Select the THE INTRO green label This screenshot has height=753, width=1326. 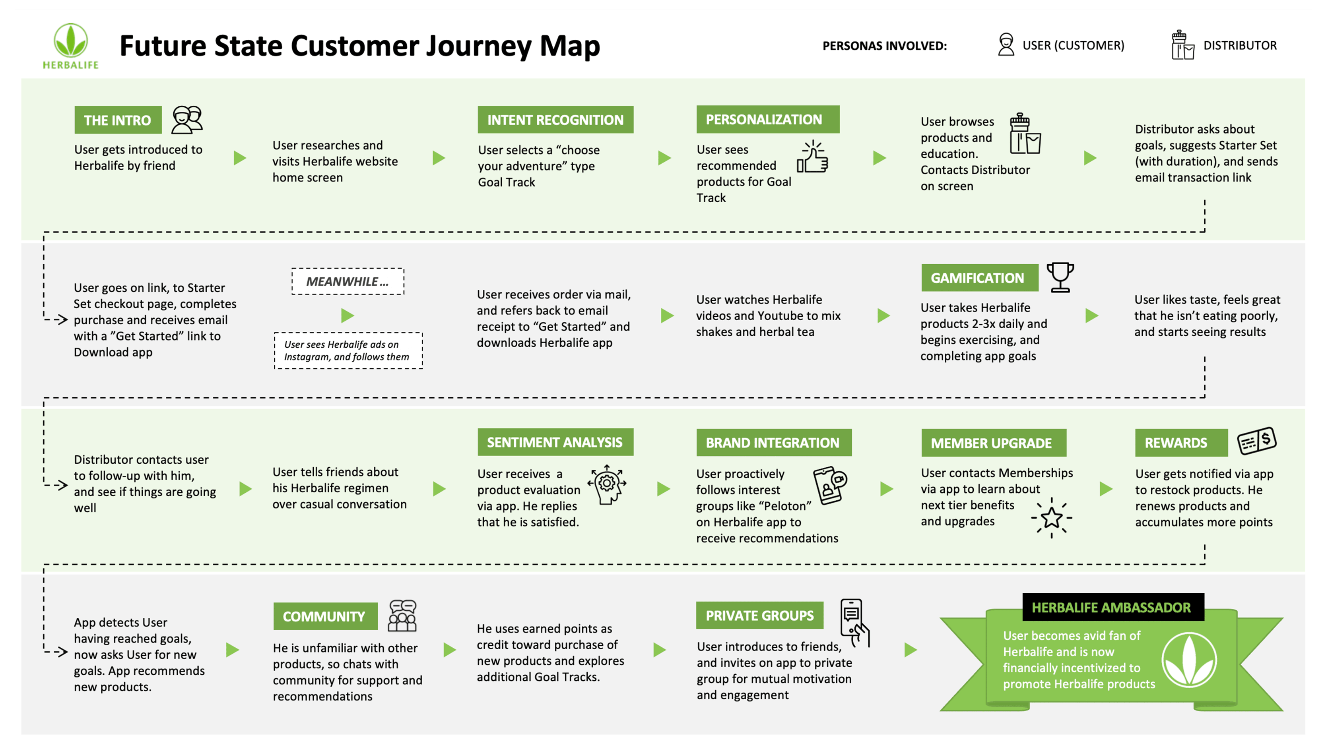tap(117, 120)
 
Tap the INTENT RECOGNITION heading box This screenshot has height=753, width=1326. tap(555, 120)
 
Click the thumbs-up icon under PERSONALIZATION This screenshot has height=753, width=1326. tap(813, 157)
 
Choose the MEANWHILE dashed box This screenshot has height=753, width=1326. tap(347, 281)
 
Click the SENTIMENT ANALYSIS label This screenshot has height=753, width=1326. tap(555, 442)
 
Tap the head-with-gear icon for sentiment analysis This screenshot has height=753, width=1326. tap(607, 484)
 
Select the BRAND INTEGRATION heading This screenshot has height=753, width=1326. tap(773, 443)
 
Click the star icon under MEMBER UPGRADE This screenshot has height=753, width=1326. tap(1051, 518)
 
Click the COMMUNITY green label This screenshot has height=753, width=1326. tap(324, 616)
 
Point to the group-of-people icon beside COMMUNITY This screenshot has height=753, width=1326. tap(402, 616)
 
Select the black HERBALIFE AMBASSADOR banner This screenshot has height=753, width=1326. tap(1112, 607)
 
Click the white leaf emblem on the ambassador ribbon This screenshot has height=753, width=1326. tap(1188, 660)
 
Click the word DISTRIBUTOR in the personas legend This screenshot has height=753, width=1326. tap(1240, 46)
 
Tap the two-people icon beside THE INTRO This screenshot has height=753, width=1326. tap(187, 120)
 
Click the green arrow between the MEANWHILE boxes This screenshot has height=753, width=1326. tap(347, 315)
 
